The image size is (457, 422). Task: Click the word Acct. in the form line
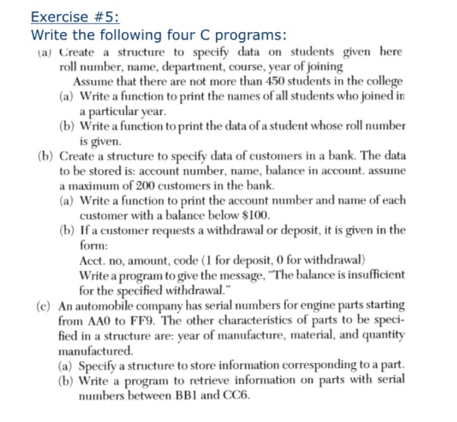point(93,260)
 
